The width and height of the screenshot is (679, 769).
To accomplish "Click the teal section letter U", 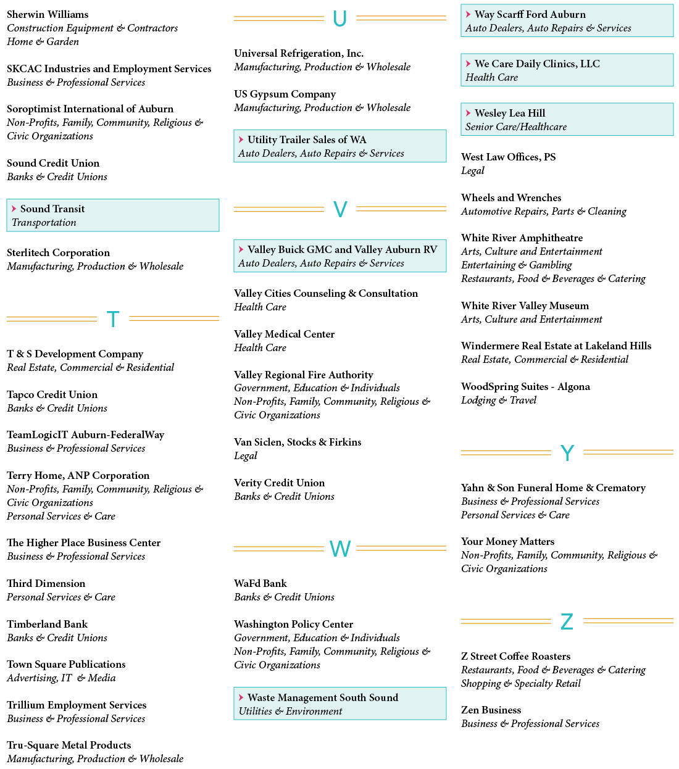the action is pos(339,19).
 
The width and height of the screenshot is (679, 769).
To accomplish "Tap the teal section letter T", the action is pos(113,319).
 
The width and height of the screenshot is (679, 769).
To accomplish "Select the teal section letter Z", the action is pos(567,621).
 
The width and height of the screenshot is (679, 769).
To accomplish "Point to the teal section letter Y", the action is pos(567,452).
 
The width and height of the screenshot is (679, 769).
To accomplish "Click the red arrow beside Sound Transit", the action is pos(14,209).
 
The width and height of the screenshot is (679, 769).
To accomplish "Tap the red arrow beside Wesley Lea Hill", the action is pos(469,113).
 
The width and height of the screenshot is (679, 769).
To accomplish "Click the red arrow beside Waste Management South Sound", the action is pos(241,697).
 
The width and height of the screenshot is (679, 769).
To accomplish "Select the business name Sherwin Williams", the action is pos(48,14).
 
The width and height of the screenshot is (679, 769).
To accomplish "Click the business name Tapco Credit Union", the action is pos(52,395).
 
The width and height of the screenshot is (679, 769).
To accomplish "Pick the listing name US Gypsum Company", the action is pos(285,94).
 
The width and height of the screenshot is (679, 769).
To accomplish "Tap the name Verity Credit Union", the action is pos(279,483).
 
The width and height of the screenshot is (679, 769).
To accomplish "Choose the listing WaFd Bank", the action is pos(260,583).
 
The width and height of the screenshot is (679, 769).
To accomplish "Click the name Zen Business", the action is pos(491,710).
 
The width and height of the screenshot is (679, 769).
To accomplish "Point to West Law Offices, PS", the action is pos(508,157).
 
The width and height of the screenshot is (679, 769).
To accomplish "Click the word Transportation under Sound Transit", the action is pos(44,222).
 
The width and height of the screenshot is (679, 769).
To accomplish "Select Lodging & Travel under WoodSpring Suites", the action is pos(498,400).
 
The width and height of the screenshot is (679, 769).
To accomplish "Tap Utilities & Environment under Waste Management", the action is pos(290,712).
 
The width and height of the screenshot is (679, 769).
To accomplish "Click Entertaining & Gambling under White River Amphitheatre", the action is pos(516,265).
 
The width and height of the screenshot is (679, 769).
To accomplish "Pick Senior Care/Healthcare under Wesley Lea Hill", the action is pos(515,127).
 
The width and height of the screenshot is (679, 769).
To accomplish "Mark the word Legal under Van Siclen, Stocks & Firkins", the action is pos(245,456).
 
